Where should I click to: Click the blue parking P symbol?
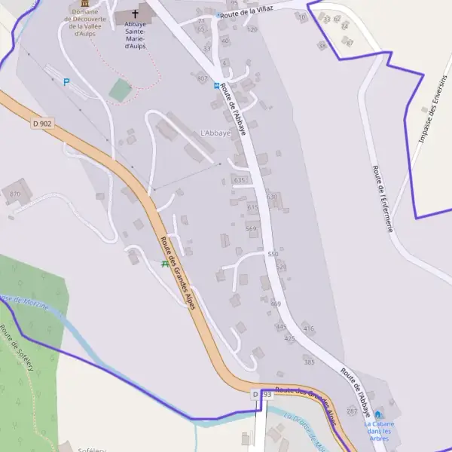[66, 81]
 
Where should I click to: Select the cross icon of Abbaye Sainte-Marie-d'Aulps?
[136, 13]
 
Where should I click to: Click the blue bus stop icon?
[217, 86]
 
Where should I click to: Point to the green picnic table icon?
[165, 264]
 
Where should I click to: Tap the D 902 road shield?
[43, 123]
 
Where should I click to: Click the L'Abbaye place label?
[215, 133]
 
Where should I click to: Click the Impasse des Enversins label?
[432, 110]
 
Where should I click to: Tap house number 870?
[15, 194]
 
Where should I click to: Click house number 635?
[240, 180]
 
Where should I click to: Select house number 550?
[273, 255]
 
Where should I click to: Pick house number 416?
[308, 328]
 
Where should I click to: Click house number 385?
[309, 362]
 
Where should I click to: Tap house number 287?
[352, 411]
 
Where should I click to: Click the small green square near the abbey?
[120, 90]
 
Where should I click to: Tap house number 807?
[202, 78]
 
